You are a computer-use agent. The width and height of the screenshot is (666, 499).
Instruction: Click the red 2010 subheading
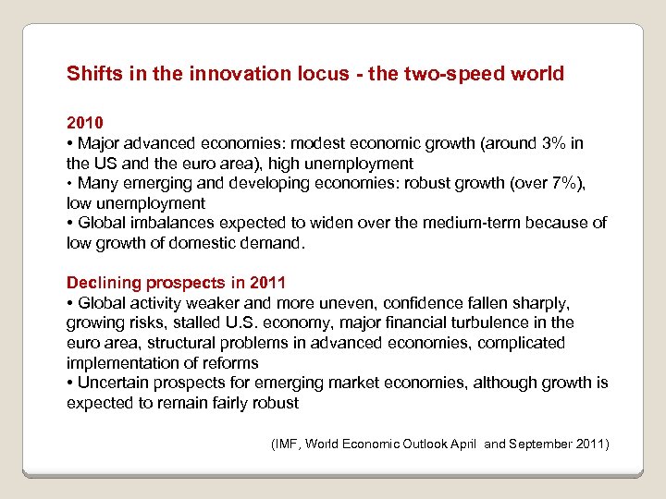coord(85,122)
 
